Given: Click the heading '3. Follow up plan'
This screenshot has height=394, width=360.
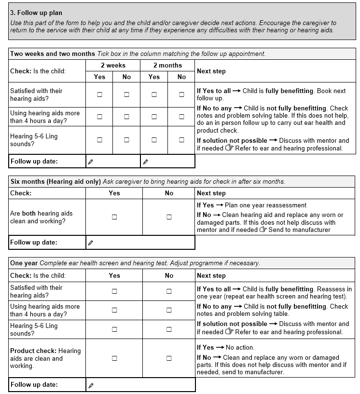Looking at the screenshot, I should (36, 13).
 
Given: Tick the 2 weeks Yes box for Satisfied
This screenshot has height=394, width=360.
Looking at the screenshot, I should (99, 95).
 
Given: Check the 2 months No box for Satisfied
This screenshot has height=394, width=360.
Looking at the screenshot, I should (181, 95).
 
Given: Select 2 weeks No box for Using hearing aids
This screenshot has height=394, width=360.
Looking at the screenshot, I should (126, 117).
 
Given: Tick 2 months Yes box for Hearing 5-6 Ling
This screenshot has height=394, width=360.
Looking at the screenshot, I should (154, 140).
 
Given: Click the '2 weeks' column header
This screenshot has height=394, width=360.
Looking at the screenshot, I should (113, 66).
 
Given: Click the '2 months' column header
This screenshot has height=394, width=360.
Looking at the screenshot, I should (167, 66).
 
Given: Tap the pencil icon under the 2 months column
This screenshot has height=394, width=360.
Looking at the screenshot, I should (146, 162).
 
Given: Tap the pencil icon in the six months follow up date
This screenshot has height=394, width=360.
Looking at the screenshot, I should (91, 243).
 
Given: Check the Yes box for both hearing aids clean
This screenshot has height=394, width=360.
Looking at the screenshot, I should (114, 217).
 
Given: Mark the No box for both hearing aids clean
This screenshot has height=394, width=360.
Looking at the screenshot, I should (169, 217).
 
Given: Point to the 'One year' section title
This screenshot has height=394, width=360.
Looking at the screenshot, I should (24, 263).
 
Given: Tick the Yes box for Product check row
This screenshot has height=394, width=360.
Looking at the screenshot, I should (114, 358).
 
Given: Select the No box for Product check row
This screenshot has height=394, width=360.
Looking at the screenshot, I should (169, 358).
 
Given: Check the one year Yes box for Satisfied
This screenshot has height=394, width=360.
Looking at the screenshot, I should (114, 291).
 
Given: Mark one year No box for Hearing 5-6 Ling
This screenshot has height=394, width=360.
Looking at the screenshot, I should (169, 329).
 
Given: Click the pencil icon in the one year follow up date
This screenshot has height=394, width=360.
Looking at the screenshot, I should (91, 385).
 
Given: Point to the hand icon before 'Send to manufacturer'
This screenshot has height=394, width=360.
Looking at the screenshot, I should (263, 230).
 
